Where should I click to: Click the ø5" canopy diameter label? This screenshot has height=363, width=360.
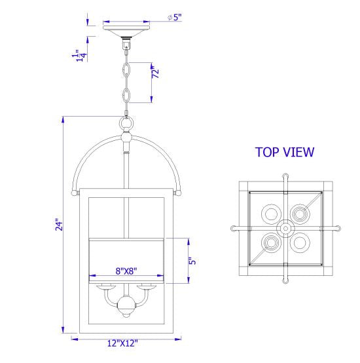point(175,18)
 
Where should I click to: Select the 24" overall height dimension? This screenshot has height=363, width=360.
point(58,225)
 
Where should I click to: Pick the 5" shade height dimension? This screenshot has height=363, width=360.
point(191,260)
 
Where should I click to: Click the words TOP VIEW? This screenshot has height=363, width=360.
point(285,153)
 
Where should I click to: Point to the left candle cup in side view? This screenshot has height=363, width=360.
point(105,286)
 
